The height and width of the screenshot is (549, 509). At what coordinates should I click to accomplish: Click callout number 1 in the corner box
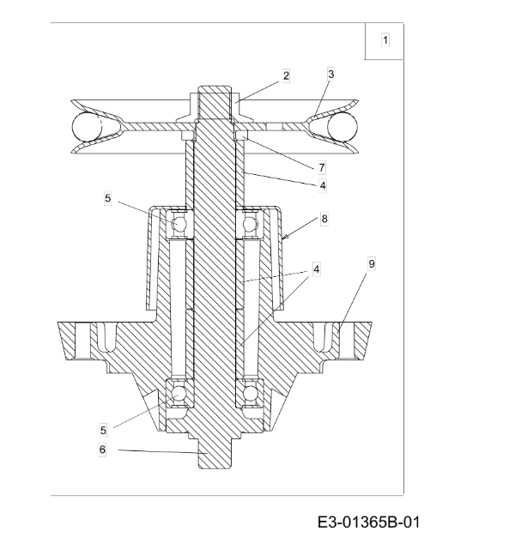coord(385,40)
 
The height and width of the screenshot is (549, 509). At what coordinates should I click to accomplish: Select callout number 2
coord(286,76)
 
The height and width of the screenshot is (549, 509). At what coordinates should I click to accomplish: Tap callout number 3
coord(331,75)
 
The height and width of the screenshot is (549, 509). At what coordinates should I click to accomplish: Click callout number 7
coord(322,168)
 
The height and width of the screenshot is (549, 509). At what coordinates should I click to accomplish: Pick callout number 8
coord(324,220)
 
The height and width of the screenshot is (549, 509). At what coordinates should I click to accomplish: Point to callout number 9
coord(372,263)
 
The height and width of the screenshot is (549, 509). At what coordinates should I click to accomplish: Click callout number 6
coord(102,449)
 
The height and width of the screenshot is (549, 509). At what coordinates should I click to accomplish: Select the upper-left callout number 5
coord(107,198)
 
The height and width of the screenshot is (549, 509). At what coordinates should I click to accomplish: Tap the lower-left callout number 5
coord(103,431)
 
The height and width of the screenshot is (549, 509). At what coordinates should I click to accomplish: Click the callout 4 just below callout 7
coord(322,185)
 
